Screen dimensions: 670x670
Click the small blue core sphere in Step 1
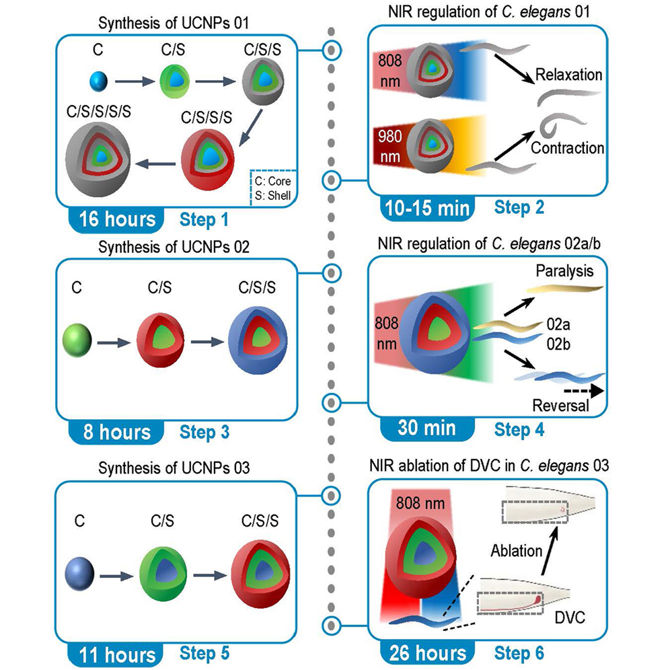click(x=99, y=82)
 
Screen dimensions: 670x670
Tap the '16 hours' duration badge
click(x=115, y=220)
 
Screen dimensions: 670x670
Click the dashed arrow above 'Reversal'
click(x=580, y=390)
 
